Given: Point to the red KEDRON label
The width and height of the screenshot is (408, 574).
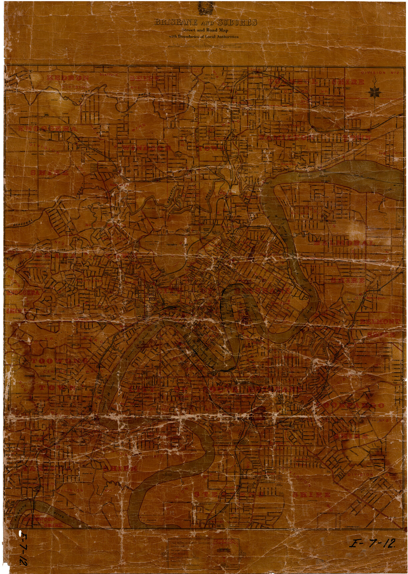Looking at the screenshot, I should tap(68, 78).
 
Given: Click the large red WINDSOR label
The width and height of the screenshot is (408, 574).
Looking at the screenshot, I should tap(147, 148).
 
